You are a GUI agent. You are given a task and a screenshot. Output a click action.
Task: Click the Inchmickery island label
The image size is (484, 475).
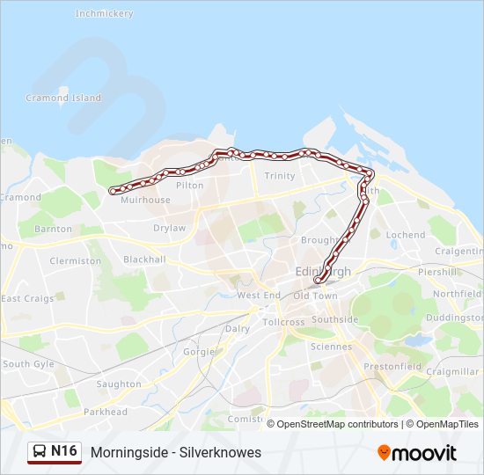(x=104, y=14)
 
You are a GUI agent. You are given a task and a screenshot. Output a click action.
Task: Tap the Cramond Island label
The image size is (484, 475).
(x=63, y=99)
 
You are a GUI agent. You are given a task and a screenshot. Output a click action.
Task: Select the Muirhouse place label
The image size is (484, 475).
(x=145, y=201)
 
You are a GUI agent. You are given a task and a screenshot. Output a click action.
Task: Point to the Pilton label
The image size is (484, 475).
(x=190, y=186)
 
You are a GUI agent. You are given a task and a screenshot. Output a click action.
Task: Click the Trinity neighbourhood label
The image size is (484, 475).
(x=280, y=176)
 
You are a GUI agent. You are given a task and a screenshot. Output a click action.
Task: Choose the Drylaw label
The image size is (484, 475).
(x=170, y=228)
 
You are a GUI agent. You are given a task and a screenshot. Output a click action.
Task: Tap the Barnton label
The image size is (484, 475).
(x=53, y=230)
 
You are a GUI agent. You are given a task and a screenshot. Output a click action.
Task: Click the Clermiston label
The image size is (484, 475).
(x=76, y=261)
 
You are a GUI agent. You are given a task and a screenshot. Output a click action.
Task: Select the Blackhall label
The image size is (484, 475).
(x=144, y=260)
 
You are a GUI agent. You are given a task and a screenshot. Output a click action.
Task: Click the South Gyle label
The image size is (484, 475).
(x=28, y=364)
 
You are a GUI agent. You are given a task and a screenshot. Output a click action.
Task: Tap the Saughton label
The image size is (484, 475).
(x=119, y=384)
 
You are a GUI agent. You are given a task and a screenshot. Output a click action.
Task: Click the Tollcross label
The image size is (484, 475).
(x=283, y=323)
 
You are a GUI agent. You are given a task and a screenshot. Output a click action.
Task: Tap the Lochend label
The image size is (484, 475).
(x=406, y=236)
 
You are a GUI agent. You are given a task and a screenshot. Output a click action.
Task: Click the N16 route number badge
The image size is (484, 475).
(x=55, y=452)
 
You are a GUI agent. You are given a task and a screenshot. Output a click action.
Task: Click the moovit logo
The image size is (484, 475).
(x=417, y=453)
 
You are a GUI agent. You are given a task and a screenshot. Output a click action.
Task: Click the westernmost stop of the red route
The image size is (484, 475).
(x=113, y=191)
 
